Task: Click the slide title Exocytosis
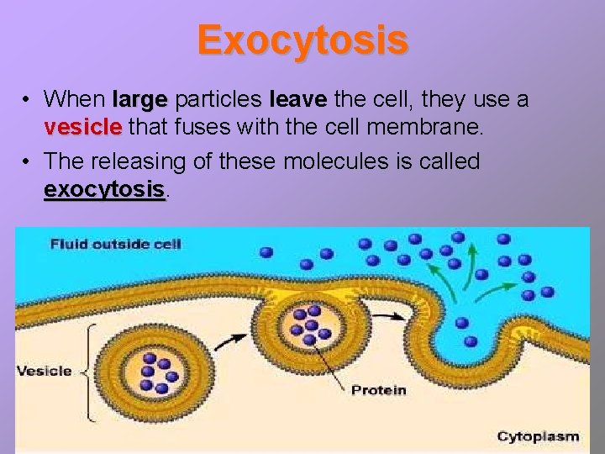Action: pyautogui.click(x=302, y=40)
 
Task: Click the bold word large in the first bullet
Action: pyautogui.click(x=140, y=100)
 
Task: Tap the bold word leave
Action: pyautogui.click(x=297, y=100)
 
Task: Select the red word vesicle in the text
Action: pyautogui.click(x=83, y=128)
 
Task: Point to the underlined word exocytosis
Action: pyautogui.click(x=104, y=189)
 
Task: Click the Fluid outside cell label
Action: pyautogui.click(x=116, y=245)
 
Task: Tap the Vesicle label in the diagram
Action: pyautogui.click(x=45, y=371)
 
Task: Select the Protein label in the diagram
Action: pyautogui.click(x=378, y=390)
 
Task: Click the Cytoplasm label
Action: pyautogui.click(x=538, y=436)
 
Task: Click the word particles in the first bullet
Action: pyautogui.click(x=218, y=100)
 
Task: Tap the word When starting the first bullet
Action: pyautogui.click(x=74, y=100)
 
